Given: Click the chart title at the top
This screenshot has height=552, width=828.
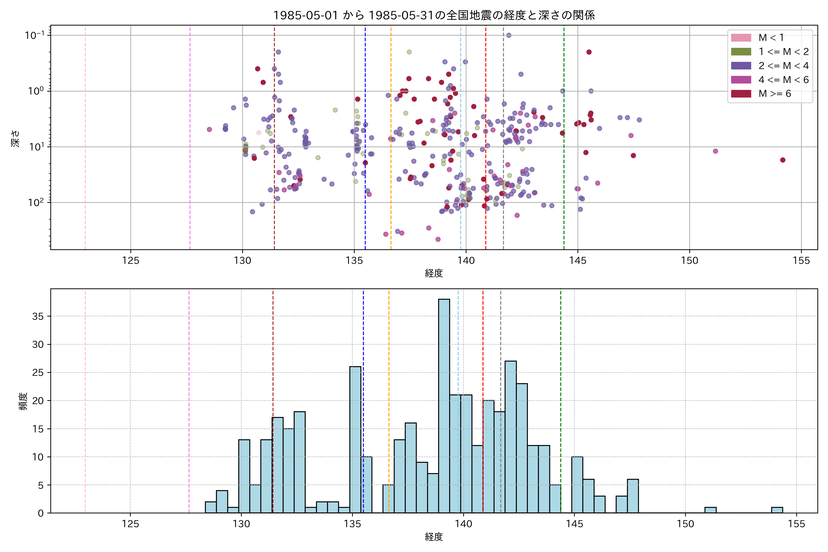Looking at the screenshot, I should pos(434,15).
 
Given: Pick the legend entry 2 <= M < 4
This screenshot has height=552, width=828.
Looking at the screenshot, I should pos(783,66).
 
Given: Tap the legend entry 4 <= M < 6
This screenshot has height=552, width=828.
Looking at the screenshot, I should pos(783,80).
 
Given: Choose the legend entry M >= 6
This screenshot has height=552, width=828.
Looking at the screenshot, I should pos(774,94).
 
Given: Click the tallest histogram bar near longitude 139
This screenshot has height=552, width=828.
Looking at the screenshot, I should pos(444,405).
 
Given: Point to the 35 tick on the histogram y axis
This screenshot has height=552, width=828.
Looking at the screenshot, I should pos(38,316).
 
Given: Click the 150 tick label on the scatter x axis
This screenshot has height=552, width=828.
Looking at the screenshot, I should pos(689,261).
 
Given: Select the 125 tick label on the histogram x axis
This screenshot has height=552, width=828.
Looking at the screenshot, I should pos(130,524).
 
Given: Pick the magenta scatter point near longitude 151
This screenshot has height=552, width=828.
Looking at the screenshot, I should pos(715,151).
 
